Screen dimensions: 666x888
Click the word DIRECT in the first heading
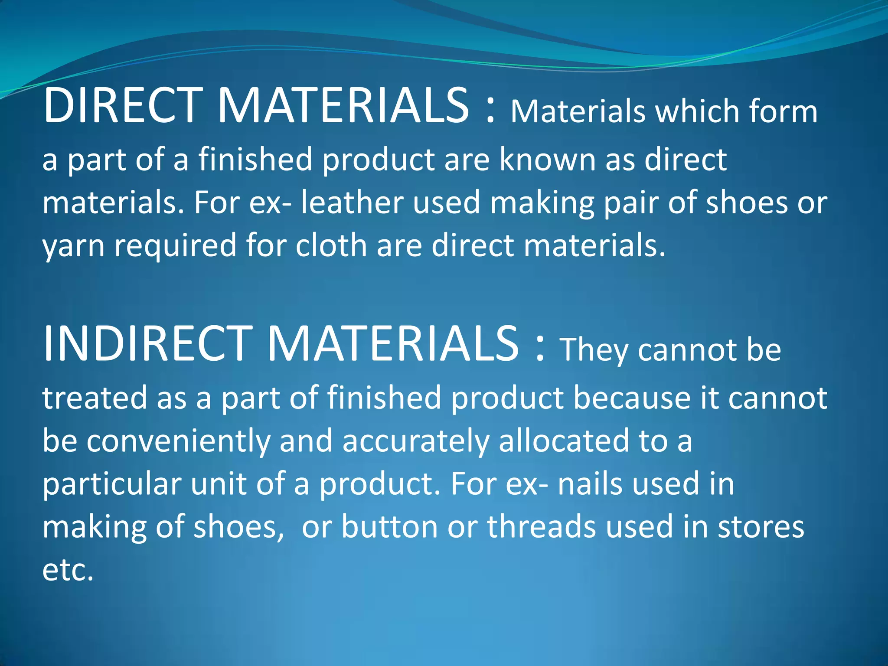123,105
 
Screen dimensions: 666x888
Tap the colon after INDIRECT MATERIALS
539,349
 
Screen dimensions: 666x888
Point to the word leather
352,202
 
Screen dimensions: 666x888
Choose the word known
547,159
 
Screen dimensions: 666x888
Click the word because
632,398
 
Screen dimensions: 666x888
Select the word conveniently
178,441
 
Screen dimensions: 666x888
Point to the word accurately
416,441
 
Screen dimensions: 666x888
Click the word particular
112,484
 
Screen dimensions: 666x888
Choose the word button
389,526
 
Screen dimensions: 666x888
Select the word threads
542,526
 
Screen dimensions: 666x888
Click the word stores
761,526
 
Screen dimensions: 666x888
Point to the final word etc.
68,570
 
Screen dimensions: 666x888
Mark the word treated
95,398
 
